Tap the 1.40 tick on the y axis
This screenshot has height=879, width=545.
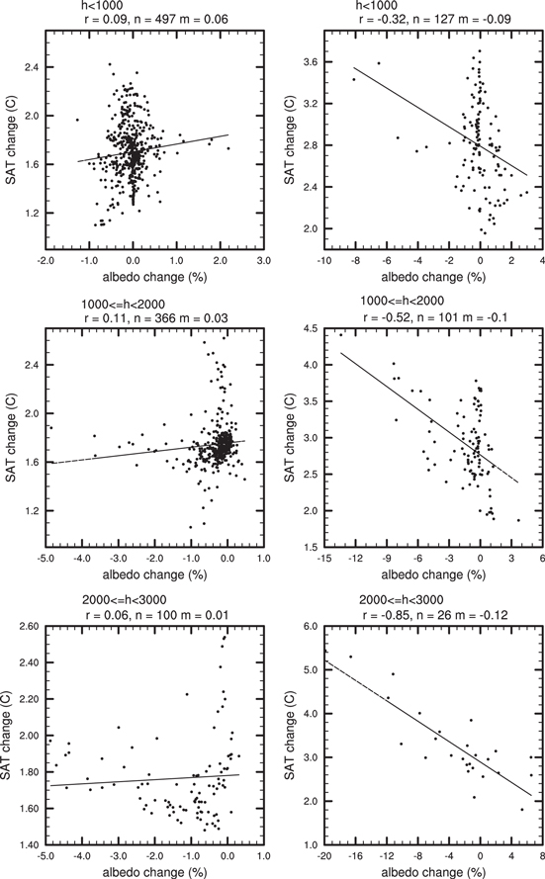pyautogui.click(x=29, y=843)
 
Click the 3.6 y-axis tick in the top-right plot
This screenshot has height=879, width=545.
pyautogui.click(x=309, y=62)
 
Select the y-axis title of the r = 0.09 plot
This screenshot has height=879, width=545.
pyautogui.click(x=12, y=137)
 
